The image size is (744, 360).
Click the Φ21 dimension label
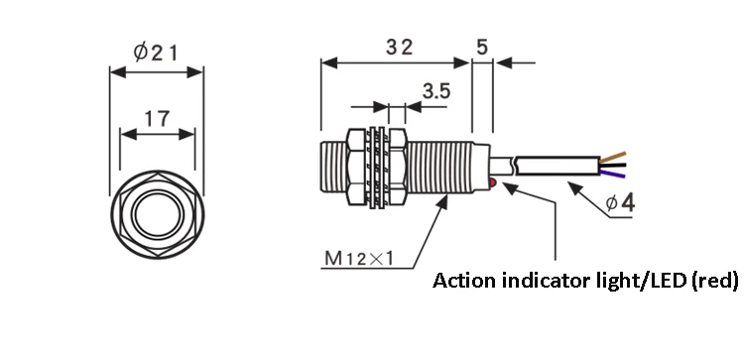point(155,52)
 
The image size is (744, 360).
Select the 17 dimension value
point(157,119)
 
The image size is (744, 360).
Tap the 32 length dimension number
point(399,47)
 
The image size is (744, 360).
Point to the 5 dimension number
point(481,47)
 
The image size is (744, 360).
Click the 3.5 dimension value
point(436,91)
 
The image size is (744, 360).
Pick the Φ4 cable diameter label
point(620,203)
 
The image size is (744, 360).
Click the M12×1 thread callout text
point(359,259)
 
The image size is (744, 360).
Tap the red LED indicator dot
point(493,182)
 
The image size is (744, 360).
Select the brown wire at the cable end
point(613,158)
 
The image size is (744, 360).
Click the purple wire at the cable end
point(613,174)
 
